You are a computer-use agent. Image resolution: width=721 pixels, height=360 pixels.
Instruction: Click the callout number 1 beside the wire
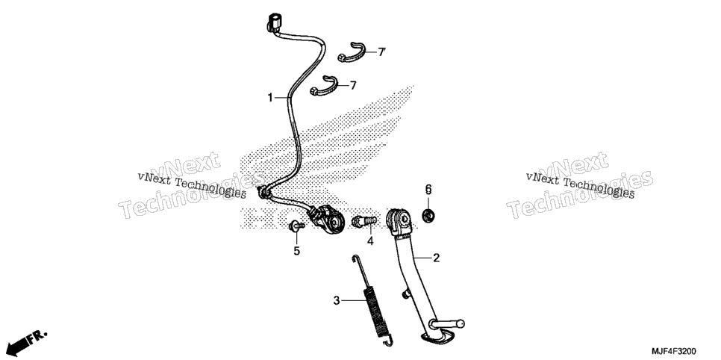[270, 98]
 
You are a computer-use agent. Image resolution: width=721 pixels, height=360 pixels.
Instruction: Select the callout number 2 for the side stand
[437, 258]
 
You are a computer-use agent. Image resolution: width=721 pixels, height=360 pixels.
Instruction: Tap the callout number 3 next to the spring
[337, 300]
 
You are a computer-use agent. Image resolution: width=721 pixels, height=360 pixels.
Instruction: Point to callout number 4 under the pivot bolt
[370, 240]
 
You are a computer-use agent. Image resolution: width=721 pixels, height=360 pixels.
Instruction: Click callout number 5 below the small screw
[296, 251]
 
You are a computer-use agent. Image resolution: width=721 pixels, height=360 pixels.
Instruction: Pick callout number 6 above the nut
[428, 189]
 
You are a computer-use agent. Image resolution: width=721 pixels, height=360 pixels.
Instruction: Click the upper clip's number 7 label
[381, 52]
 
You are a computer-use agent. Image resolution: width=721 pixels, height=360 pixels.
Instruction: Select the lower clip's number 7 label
[353, 85]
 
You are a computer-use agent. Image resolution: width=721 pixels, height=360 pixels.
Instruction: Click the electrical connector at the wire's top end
[274, 23]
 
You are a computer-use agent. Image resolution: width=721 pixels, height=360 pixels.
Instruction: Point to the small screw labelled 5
[296, 226]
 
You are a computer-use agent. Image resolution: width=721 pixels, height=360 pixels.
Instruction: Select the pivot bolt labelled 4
[364, 221]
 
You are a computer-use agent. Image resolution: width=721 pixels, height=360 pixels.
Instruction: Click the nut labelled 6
[428, 214]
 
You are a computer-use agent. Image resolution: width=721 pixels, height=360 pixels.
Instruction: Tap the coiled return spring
[375, 302]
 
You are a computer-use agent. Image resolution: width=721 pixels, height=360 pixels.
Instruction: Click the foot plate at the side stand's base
[435, 338]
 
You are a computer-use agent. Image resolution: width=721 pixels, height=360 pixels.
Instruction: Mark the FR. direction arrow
[28, 342]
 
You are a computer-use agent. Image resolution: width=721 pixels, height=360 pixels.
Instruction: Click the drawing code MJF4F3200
[674, 351]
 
